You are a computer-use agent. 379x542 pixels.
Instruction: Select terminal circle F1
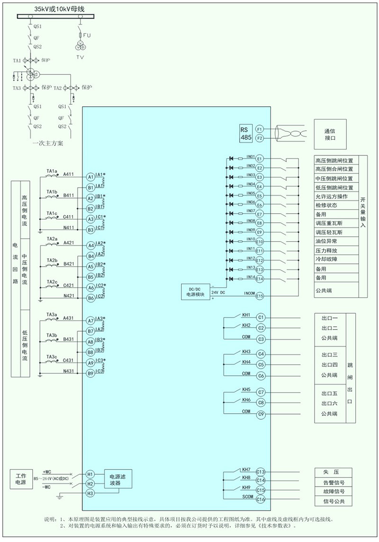259,129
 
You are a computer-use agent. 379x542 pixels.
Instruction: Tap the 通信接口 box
330,134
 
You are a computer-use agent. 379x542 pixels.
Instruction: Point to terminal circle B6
90,298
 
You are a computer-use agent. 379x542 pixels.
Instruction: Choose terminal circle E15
259,296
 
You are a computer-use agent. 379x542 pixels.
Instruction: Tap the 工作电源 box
21,479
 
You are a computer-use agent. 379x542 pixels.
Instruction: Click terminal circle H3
90,493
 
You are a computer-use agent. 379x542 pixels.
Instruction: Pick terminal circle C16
260,499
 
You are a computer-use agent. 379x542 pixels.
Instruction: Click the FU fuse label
87,35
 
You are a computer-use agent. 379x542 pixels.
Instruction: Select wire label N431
69,371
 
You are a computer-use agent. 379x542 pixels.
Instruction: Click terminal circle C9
261,414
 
